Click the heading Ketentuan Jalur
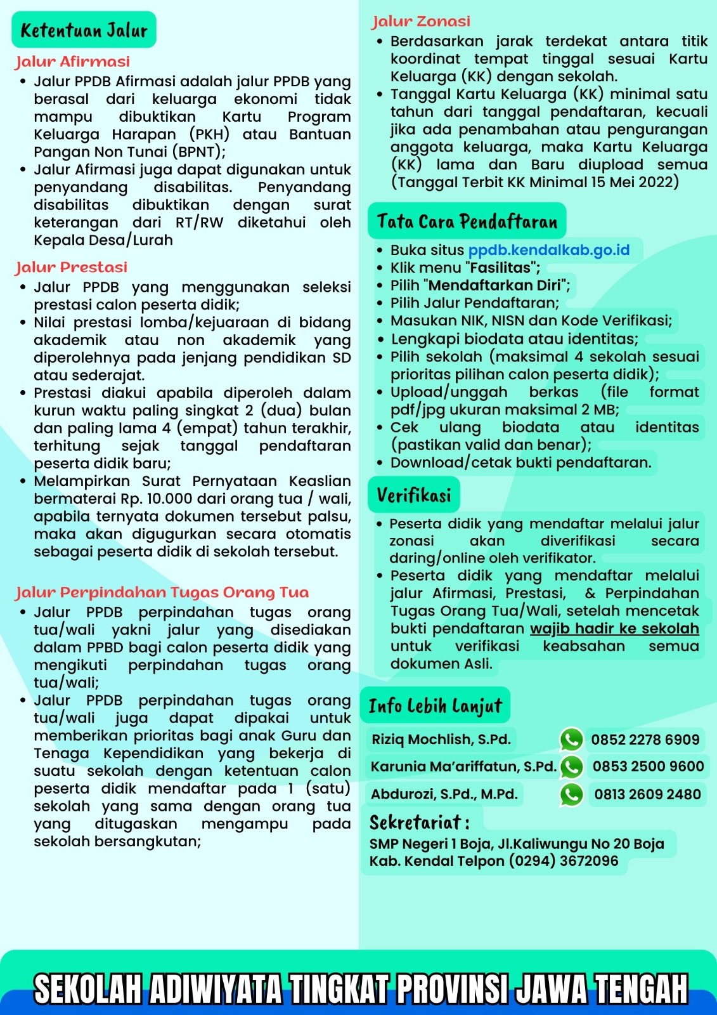click(84, 30)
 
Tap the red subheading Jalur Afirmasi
click(72, 62)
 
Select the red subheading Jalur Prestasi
click(71, 267)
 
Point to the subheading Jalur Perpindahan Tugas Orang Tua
click(162, 593)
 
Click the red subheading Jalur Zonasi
click(421, 22)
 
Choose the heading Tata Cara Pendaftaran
click(467, 221)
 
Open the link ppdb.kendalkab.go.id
click(549, 250)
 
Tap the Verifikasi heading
click(413, 495)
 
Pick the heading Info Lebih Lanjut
click(435, 705)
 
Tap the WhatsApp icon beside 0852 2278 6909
click(571, 740)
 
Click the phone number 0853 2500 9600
click(648, 766)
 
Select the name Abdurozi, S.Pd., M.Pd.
click(444, 794)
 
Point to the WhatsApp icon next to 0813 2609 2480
click(571, 794)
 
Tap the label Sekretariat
click(419, 823)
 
